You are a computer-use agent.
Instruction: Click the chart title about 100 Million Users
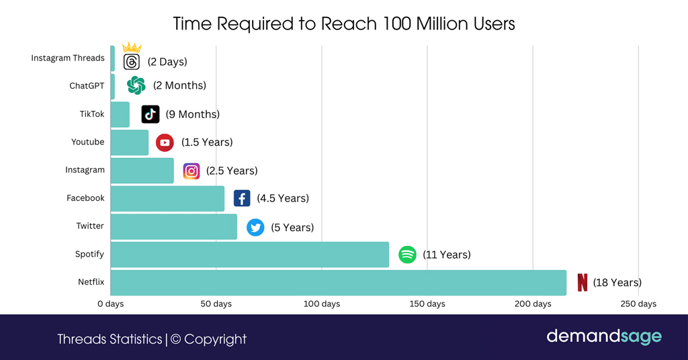click(343, 24)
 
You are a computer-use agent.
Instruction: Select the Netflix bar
click(338, 283)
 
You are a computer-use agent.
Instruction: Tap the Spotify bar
click(249, 255)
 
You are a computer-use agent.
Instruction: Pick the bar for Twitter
click(173, 226)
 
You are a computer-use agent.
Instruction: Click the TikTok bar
click(120, 114)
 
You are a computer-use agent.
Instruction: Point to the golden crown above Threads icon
click(132, 48)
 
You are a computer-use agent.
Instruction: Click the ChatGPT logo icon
click(136, 85)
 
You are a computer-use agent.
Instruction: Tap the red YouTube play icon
click(165, 142)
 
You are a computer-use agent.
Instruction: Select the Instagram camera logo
click(191, 171)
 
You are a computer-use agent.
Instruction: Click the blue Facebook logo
click(242, 198)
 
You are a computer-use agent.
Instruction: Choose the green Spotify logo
click(407, 255)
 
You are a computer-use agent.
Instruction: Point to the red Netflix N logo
click(582, 283)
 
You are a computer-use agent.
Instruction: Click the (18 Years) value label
click(617, 283)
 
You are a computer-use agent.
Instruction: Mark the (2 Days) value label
click(167, 62)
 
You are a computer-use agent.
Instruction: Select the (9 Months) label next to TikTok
click(192, 114)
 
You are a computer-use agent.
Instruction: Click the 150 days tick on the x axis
click(427, 304)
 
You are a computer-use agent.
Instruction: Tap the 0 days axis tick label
click(110, 304)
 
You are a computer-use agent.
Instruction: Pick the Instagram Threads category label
click(68, 58)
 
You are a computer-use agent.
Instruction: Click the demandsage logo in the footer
click(603, 336)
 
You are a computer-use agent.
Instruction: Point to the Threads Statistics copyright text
click(152, 339)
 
